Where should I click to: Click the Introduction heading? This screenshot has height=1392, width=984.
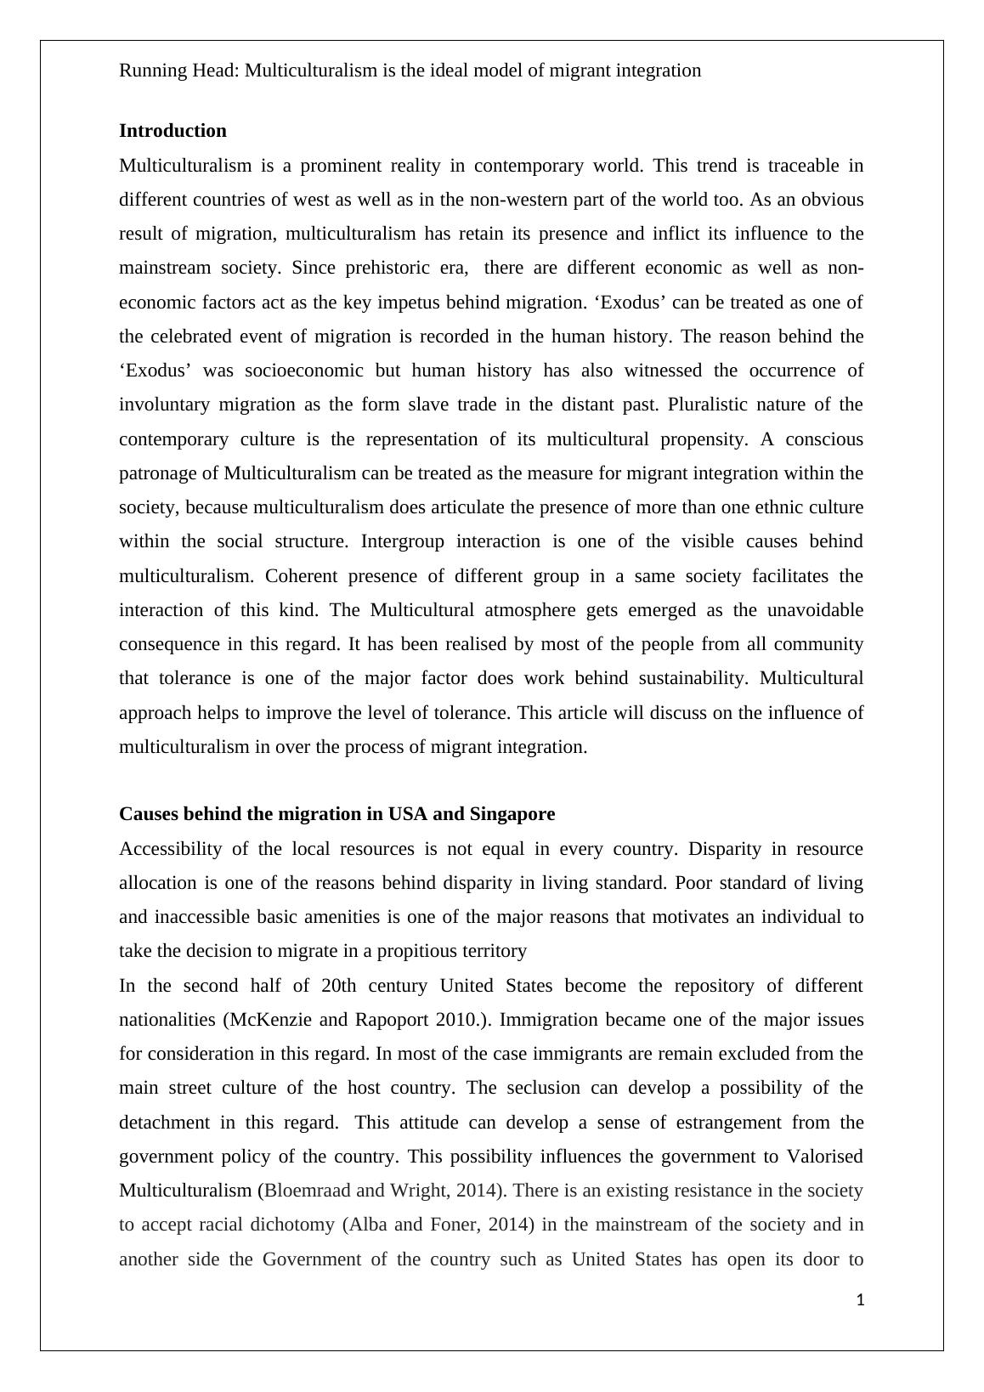click(x=172, y=131)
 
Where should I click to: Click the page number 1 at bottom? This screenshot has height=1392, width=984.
click(x=860, y=1299)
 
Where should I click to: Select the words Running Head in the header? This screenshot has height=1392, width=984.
click(x=178, y=71)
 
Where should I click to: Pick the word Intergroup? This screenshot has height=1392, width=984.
click(x=403, y=541)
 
